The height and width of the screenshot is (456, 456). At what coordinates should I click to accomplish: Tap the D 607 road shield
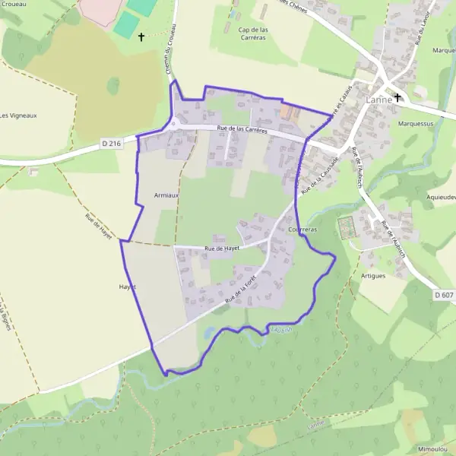click(445, 294)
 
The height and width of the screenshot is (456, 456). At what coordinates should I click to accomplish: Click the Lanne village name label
click(378, 100)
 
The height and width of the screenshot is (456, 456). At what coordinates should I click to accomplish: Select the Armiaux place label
click(166, 195)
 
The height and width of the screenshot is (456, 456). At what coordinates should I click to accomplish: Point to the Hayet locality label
click(127, 287)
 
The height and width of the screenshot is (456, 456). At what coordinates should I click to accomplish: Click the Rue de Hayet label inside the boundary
click(222, 248)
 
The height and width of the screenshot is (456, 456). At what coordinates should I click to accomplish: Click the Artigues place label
click(373, 275)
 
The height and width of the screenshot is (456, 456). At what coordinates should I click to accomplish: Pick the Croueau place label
click(15, 4)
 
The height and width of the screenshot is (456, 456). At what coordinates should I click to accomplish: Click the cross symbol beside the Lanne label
click(397, 98)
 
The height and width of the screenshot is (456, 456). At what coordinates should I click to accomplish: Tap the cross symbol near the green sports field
click(141, 36)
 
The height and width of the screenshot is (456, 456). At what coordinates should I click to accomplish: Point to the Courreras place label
click(302, 229)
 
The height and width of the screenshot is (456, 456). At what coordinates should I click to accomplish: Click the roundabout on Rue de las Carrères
click(173, 124)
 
